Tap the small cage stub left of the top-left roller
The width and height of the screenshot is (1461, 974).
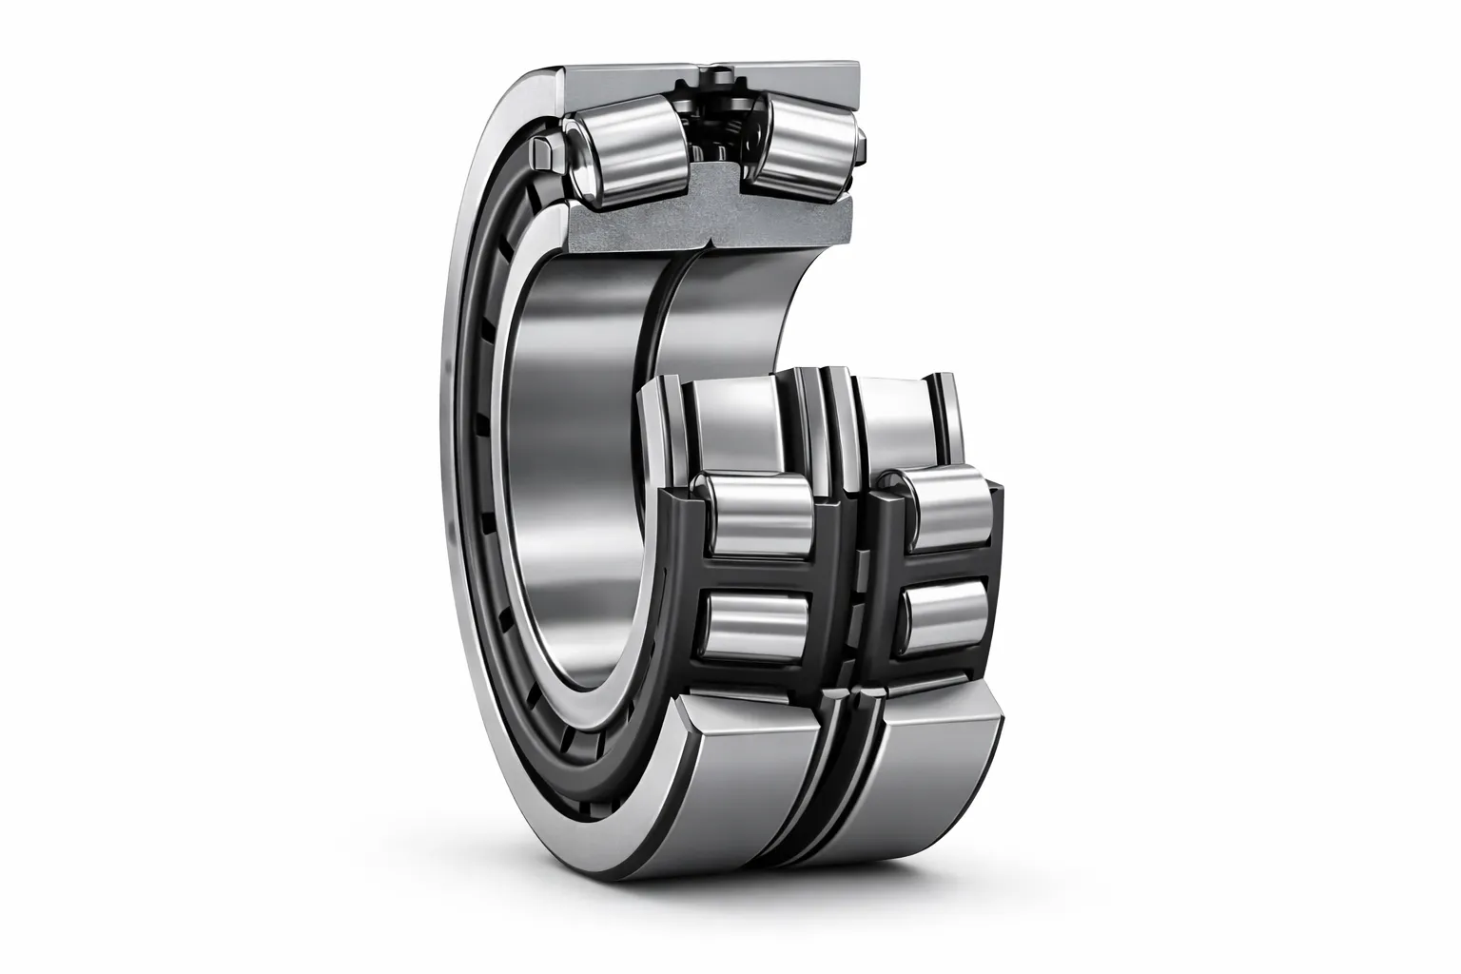(x=545, y=151)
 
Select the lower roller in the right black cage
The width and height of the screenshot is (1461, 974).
(x=946, y=614)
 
